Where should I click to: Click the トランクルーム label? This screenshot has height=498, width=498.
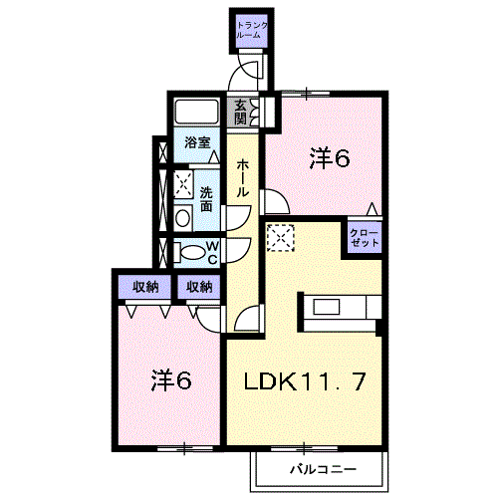point(252,30)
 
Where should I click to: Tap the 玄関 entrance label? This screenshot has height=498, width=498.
point(241,112)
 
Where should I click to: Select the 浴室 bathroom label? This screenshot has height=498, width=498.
point(197,142)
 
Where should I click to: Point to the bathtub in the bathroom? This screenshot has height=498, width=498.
point(196,112)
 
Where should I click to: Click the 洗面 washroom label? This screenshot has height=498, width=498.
point(206,199)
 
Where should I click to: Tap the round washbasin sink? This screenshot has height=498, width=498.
point(182,218)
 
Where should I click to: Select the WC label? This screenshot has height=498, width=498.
point(212,253)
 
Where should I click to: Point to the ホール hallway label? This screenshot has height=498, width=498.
point(242,178)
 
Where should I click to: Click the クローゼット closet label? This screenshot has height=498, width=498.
point(365,237)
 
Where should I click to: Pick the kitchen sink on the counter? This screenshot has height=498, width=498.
point(327,307)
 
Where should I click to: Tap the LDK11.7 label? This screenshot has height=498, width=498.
point(305,381)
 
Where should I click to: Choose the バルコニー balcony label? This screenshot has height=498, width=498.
point(323,469)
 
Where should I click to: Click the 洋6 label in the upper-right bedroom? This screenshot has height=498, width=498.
point(330,158)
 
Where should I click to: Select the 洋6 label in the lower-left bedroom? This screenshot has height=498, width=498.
point(171,379)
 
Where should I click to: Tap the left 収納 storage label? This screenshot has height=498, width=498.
point(145,287)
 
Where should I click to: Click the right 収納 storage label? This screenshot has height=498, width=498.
point(199,287)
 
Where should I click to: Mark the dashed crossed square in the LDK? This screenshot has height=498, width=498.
point(281,238)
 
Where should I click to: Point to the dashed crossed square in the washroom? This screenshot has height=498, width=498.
point(183,184)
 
